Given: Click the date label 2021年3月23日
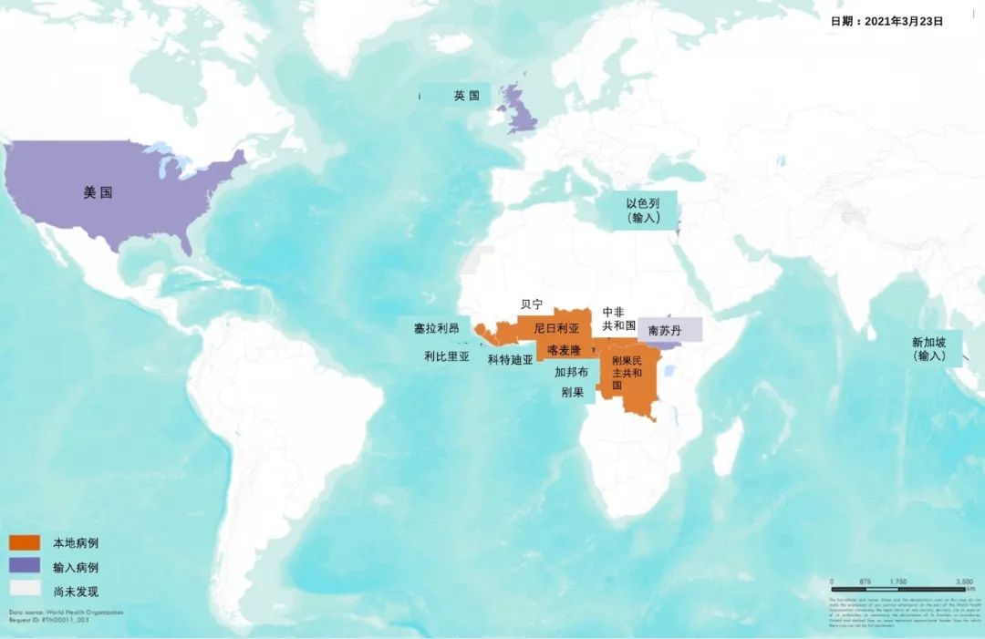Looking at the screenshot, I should (886, 20).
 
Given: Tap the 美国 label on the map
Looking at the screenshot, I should (98, 192).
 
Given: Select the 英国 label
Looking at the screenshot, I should (466, 96).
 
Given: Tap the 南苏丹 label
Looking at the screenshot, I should (664, 330).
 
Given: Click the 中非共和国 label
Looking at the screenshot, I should (619, 318).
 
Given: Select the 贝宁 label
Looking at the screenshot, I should (531, 304).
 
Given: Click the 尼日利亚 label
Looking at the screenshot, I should (556, 327).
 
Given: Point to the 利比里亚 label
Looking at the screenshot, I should (447, 357).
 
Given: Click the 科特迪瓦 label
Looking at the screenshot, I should (510, 360).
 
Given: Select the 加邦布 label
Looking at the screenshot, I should (571, 372).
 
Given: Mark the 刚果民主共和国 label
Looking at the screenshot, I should (627, 373).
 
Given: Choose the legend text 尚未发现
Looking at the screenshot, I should (76, 591).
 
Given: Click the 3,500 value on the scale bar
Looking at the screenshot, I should (964, 581).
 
